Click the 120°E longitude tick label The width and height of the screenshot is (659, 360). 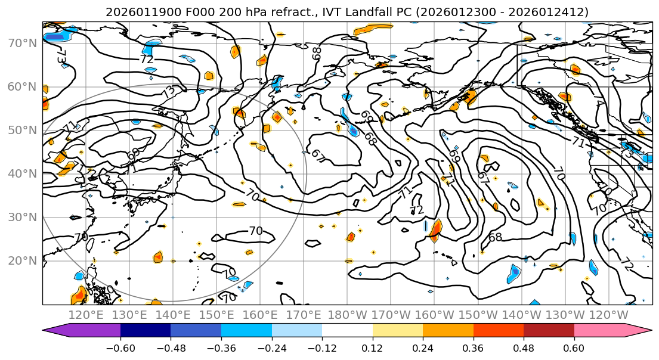tap(86, 315)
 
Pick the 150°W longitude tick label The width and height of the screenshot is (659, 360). tap(478, 315)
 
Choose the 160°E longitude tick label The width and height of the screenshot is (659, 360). tap(260, 315)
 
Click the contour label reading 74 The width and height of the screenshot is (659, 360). tap(598, 103)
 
